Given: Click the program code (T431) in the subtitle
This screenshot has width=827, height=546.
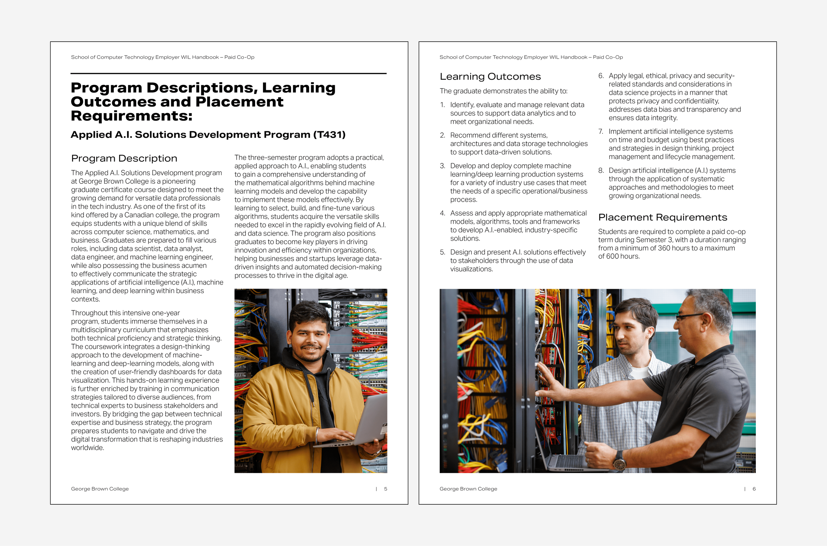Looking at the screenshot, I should [x=329, y=135].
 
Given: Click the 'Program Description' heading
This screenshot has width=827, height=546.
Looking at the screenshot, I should [x=124, y=158].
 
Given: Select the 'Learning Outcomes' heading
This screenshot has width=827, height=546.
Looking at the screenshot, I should [x=490, y=77].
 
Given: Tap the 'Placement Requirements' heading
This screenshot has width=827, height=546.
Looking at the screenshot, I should [x=663, y=217].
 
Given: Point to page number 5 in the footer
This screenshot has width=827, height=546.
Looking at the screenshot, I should [x=385, y=489].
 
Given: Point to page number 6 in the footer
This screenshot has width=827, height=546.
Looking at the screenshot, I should [x=754, y=489].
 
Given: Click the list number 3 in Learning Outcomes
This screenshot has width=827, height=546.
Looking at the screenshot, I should [x=442, y=166].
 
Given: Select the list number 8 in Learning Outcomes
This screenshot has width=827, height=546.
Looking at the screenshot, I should [x=601, y=171].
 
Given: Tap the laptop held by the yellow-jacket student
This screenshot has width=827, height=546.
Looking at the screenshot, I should [x=366, y=423].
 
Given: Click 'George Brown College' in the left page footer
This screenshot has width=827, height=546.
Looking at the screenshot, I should [x=100, y=489].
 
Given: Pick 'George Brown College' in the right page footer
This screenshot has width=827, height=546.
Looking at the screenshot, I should [x=468, y=489].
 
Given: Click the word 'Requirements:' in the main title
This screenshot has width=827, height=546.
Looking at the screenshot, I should [x=131, y=116].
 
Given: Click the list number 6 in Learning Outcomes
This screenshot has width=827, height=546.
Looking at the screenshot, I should [x=601, y=76].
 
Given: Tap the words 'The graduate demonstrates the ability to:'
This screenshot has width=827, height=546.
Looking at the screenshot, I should [x=503, y=91].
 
